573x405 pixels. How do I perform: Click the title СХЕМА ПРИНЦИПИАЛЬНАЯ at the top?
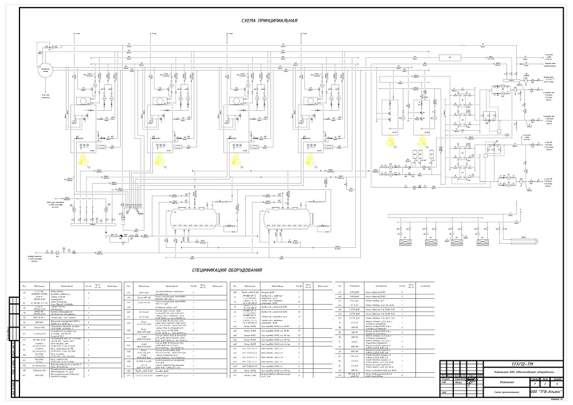point(270,21)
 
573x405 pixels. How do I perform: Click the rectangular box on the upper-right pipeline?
point(452,58)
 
